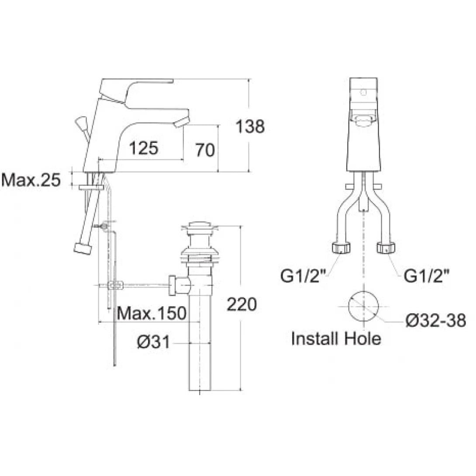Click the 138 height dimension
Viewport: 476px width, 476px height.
[250, 127]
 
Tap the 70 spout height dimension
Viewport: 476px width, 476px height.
[205, 150]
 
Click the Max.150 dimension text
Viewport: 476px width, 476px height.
[152, 313]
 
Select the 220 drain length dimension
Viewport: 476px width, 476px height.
[241, 304]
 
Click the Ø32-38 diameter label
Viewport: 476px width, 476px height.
[435, 321]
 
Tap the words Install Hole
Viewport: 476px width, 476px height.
[336, 338]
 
